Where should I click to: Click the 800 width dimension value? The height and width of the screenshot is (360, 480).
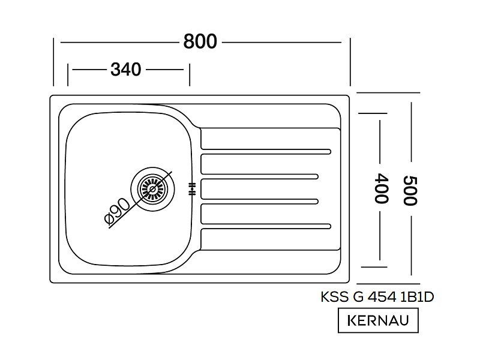(200, 41)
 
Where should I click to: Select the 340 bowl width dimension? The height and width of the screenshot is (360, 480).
(126, 70)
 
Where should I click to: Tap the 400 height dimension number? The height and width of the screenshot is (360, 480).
(382, 188)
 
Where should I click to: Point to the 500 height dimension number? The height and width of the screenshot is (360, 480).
(410, 190)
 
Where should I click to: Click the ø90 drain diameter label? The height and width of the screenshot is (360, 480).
(118, 211)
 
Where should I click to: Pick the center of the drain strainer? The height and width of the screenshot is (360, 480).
(153, 189)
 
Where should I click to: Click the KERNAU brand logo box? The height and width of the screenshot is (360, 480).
(378, 320)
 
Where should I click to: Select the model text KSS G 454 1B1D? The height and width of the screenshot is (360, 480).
(377, 297)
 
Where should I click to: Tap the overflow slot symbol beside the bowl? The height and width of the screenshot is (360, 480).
(192, 189)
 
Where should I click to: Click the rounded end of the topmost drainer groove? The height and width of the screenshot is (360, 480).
(329, 152)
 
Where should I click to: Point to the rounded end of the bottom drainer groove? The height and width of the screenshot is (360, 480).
(329, 227)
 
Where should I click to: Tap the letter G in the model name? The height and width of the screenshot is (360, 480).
(358, 297)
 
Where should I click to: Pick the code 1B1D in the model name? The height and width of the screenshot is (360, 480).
(417, 297)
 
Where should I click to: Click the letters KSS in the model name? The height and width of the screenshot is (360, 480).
(335, 297)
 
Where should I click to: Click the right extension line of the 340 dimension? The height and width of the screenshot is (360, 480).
(190, 75)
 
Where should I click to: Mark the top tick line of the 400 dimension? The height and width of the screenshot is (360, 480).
(373, 113)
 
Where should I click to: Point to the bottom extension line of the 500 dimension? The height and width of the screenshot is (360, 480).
(388, 284)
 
